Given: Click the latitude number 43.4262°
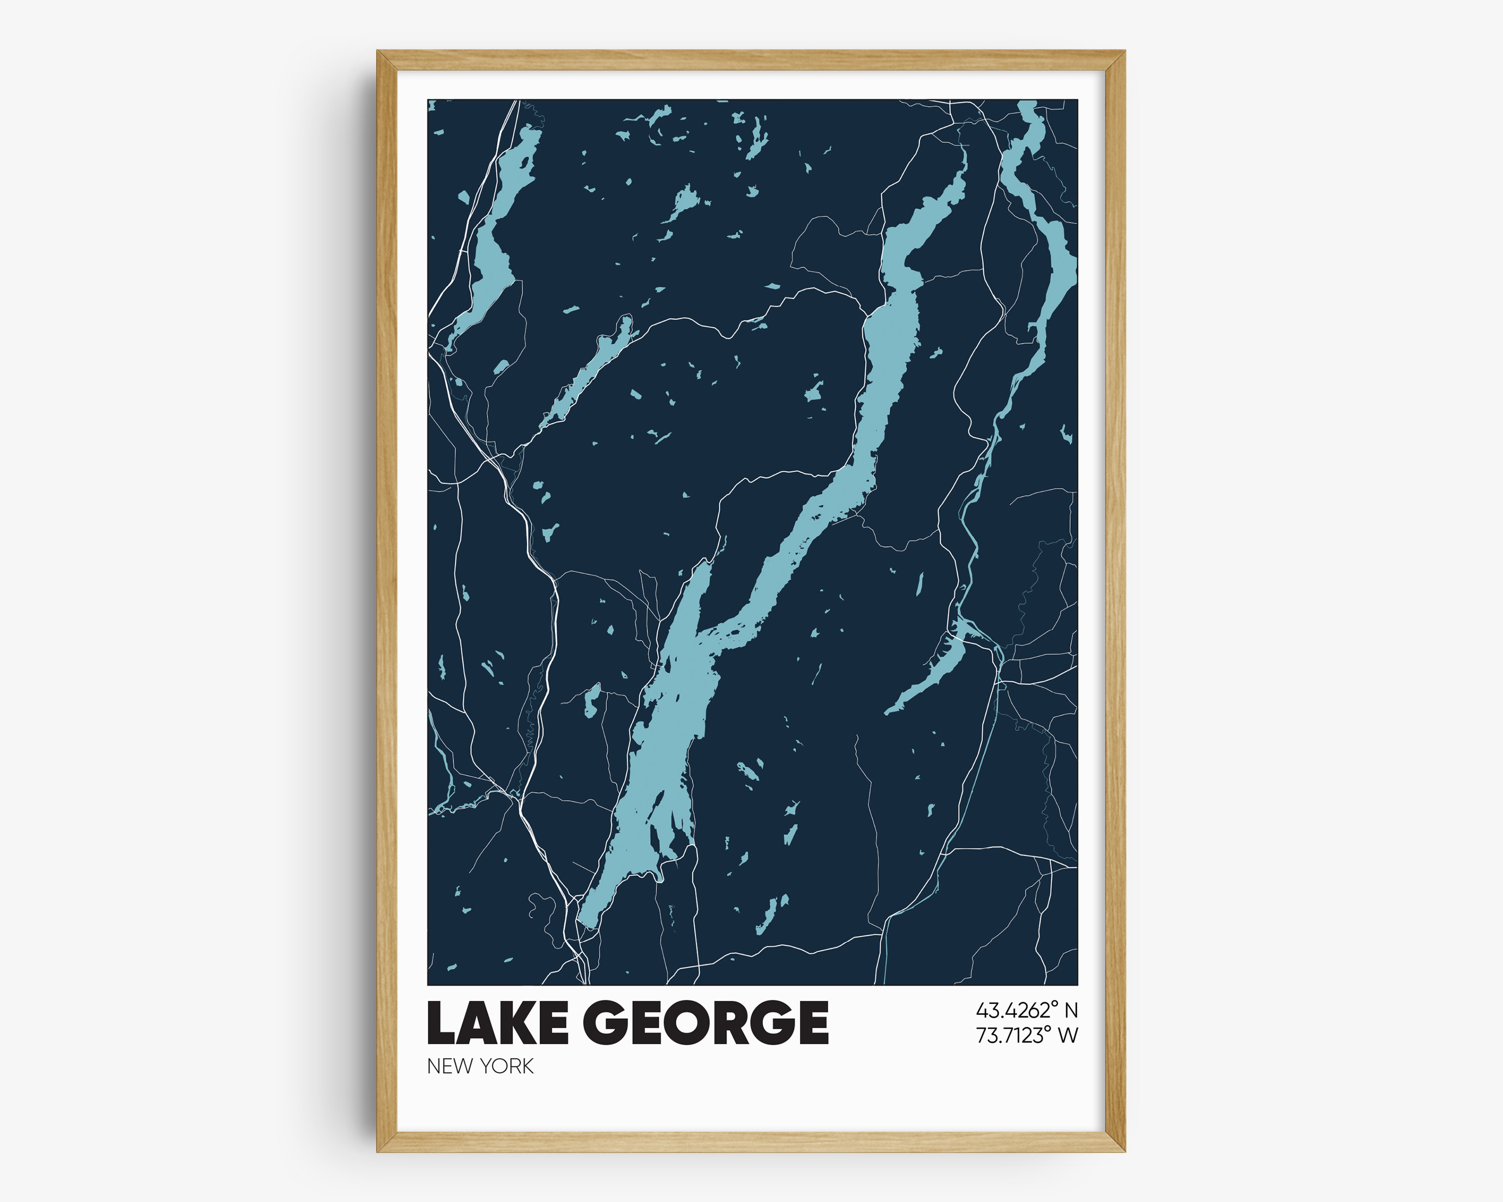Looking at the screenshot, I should click(x=1015, y=1010).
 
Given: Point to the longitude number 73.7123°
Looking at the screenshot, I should click(x=1015, y=1035).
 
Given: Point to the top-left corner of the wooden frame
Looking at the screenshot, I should click(x=379, y=52).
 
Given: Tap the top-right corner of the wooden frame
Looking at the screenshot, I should click(x=1124, y=52).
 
